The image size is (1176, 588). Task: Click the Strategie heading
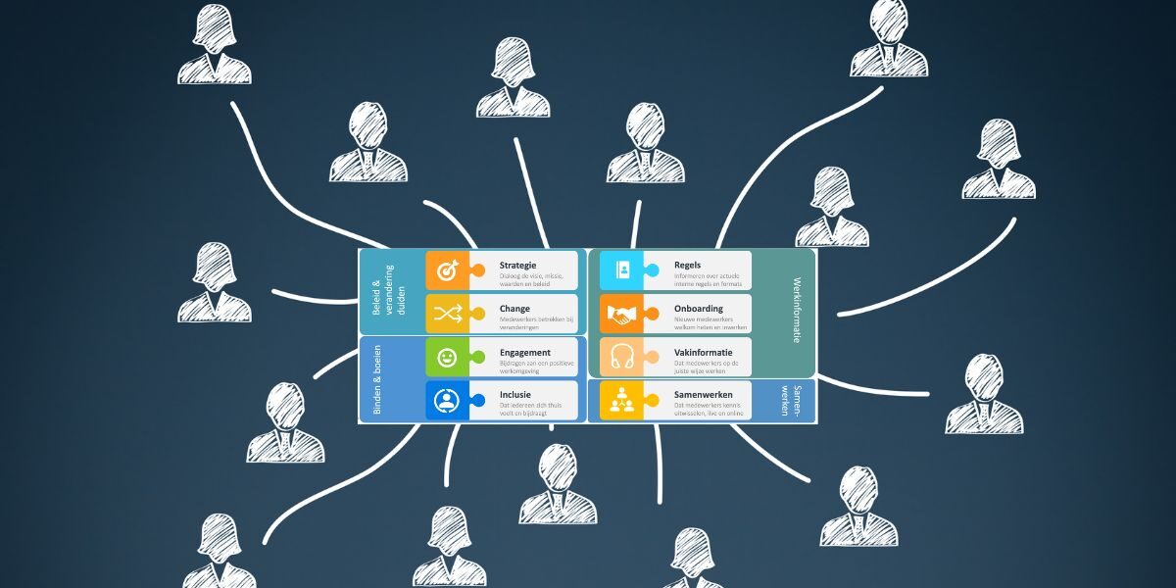point(517,266)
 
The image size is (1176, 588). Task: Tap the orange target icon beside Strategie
point(447,270)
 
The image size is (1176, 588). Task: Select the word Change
point(514,309)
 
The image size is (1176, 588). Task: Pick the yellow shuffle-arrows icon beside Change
point(447,314)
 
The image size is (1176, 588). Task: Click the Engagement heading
point(524,353)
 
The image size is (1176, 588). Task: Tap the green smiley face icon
point(447,358)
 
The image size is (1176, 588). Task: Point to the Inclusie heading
point(516,395)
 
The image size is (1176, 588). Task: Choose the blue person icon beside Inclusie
point(447,401)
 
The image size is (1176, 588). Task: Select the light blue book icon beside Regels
point(621,270)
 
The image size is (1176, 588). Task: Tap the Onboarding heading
point(699,309)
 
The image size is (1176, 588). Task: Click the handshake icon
point(621,314)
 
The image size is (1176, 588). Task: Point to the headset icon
point(621,358)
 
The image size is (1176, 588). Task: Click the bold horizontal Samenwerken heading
point(704,395)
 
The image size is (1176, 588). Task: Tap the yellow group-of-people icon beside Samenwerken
point(621,401)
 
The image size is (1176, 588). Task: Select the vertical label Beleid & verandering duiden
point(381,290)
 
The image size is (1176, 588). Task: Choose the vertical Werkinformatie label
point(797,311)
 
